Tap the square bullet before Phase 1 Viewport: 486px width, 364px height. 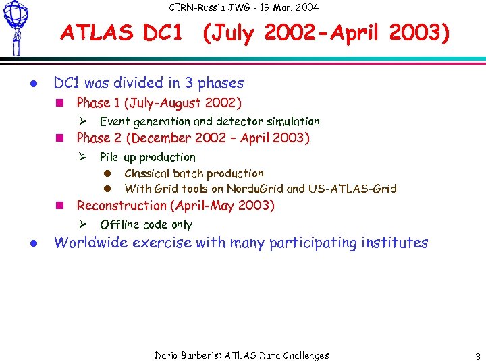tap(59, 104)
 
